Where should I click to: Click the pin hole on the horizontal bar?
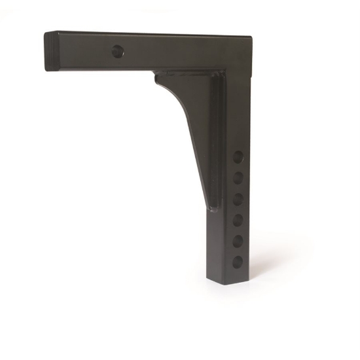click(x=118, y=51)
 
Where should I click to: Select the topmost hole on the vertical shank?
click(x=238, y=157)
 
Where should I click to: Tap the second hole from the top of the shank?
click(x=238, y=177)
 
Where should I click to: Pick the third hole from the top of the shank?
click(x=238, y=198)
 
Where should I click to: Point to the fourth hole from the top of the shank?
click(x=238, y=219)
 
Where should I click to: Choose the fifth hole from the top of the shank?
click(x=238, y=240)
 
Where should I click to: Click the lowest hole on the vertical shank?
click(x=238, y=261)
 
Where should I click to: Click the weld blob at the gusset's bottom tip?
click(x=211, y=210)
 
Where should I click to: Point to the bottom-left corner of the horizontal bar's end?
click(x=47, y=70)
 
